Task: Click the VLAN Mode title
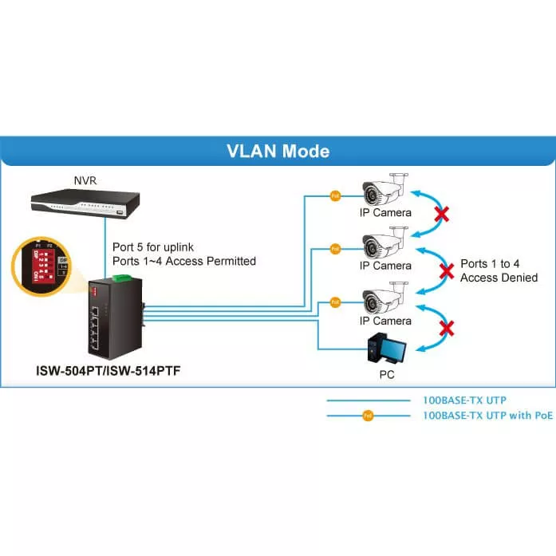coord(278,151)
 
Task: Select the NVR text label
coord(85,181)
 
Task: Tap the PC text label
coord(386,373)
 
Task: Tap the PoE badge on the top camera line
coord(335,194)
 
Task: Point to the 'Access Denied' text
coord(499,278)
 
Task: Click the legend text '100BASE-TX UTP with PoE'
coord(487,416)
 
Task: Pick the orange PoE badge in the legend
coord(367,416)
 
